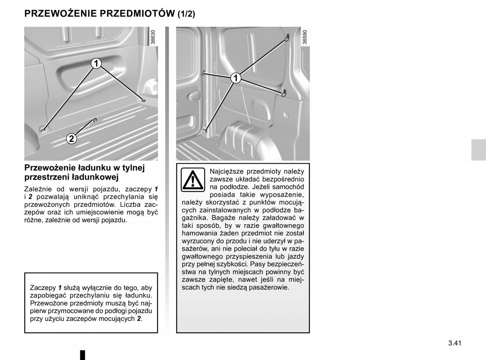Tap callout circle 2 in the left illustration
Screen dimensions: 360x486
pos(71,139)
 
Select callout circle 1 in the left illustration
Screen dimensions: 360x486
pos(96,64)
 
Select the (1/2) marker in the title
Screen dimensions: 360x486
pos(186,14)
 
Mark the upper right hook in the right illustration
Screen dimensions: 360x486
pos(287,38)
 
